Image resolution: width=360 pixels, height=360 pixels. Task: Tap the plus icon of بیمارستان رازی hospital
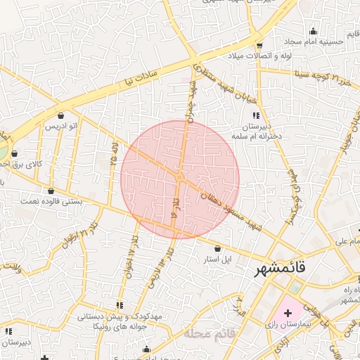pos(288,311)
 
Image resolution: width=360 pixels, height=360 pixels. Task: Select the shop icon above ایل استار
pos(217,248)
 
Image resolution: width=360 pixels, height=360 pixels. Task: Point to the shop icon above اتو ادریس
pos(60,115)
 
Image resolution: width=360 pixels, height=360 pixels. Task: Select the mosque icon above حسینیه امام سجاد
pos(314,30)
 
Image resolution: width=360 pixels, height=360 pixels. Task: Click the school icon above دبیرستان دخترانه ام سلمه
pos(256,115)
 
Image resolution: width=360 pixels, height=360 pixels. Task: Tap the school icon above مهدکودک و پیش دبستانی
pos(120,305)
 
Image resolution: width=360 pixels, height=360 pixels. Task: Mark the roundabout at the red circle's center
pos(180,179)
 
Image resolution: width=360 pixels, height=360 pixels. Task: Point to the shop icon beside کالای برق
pos(15,154)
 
